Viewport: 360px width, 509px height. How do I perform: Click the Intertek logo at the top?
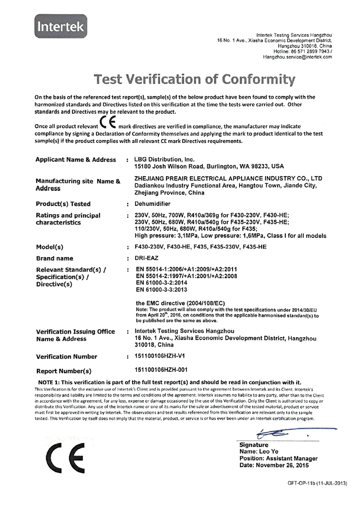60,27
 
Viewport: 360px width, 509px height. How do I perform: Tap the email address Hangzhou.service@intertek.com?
297,57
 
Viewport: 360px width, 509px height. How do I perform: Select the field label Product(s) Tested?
63,204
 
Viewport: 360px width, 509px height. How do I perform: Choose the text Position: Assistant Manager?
279,459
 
